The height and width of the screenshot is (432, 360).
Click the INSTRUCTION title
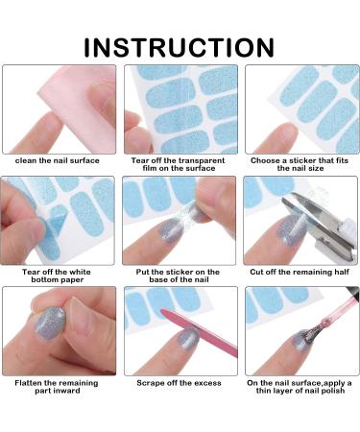[179, 47]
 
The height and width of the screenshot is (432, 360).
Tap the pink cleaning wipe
[80, 106]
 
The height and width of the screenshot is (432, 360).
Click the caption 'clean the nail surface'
[58, 160]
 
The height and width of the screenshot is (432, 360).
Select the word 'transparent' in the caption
[201, 160]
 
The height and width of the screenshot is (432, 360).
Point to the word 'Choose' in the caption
[264, 160]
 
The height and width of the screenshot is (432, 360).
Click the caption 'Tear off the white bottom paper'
[57, 276]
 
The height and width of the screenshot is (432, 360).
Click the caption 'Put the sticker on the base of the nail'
[178, 276]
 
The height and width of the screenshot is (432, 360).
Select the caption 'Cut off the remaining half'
[300, 272]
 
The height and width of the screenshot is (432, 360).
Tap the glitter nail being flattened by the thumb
[50, 324]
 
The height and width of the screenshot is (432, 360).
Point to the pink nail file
[199, 333]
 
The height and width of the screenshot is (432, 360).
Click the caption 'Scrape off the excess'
[179, 383]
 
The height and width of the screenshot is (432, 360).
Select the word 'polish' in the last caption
[333, 391]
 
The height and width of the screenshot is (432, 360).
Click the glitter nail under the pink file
[189, 339]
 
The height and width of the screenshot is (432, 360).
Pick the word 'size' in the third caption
[316, 168]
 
